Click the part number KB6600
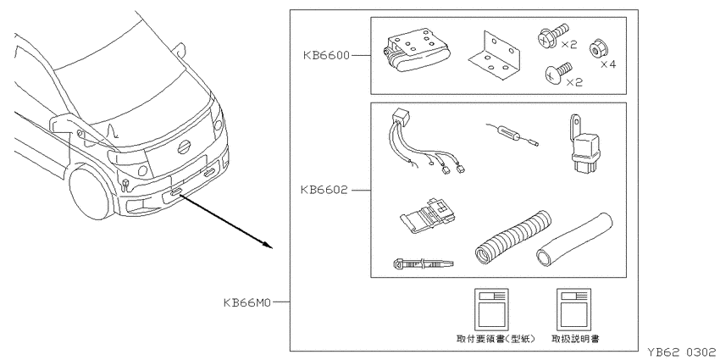pos(326,56)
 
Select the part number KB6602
pos(324,190)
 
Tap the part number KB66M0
pos(248,302)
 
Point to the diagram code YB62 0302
pos(681,352)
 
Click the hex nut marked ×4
pos(596,49)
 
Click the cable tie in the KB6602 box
pos(424,263)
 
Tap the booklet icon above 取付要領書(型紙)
pos(491,309)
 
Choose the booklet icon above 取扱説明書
pos(574,309)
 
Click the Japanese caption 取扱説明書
pos(575,339)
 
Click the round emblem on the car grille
pos(185,147)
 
